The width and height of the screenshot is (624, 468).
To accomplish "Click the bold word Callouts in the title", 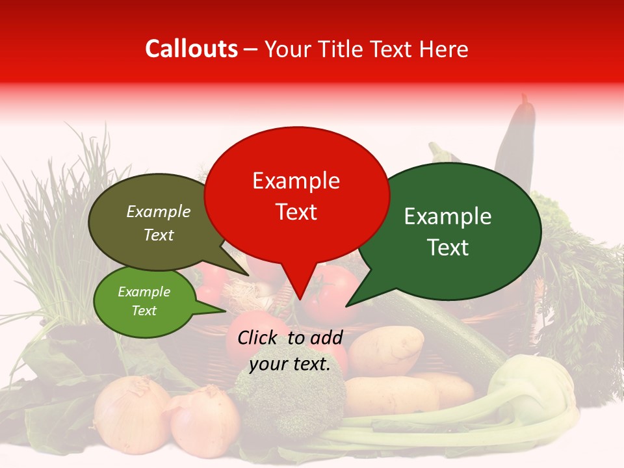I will (x=191, y=49).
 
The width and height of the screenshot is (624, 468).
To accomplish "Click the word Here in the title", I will (x=445, y=49).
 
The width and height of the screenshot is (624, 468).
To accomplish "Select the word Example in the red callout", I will (x=296, y=181).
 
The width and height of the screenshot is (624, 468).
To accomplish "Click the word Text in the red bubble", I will (x=296, y=211).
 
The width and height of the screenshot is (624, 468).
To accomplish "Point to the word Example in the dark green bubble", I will (x=448, y=216).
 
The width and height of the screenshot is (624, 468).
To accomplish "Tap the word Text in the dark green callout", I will (x=448, y=247).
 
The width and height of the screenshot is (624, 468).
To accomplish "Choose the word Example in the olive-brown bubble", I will (x=159, y=211).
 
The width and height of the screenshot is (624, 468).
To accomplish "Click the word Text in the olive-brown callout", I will (x=159, y=235).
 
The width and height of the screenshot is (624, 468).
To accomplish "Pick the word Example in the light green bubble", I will (x=144, y=292).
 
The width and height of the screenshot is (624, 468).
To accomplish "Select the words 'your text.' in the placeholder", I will (x=290, y=364).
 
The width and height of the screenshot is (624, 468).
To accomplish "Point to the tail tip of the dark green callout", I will (x=348, y=305).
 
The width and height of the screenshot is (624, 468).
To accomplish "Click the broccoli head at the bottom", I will (x=292, y=396).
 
